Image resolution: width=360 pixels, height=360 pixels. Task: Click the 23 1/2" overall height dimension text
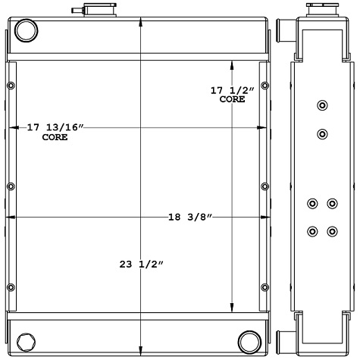point(142,265)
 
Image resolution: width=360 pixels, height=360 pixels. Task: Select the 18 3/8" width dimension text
point(189,218)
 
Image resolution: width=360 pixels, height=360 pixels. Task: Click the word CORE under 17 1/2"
point(232,100)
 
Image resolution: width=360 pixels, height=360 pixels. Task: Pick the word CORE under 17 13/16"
point(55,137)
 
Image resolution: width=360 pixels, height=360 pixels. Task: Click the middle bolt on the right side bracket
point(265,186)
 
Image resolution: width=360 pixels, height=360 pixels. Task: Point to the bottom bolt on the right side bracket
point(265,289)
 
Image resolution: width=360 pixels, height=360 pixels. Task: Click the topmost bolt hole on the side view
point(322,105)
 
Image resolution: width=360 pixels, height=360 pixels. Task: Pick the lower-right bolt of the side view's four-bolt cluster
point(332,230)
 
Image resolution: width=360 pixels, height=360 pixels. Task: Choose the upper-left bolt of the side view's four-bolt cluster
point(312,203)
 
